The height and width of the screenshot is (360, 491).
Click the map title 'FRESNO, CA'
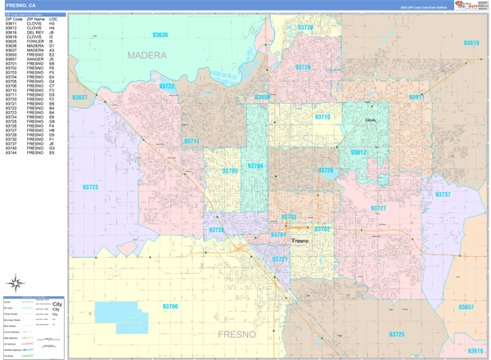(21, 5)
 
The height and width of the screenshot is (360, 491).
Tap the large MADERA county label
(146, 56)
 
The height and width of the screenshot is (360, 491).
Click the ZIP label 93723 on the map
(90, 187)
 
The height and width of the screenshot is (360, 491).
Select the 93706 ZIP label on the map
(170, 306)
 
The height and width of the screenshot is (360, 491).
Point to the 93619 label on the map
(471, 43)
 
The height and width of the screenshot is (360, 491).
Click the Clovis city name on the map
(370, 120)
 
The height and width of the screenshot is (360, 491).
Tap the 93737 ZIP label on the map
(443, 195)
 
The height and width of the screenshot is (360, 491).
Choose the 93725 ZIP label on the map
(396, 335)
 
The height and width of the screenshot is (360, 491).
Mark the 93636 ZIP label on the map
(160, 35)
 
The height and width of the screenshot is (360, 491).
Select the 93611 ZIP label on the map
(417, 97)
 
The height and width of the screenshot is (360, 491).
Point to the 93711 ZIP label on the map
(191, 142)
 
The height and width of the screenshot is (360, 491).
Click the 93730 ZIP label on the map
(305, 28)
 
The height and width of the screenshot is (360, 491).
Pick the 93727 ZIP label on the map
(378, 209)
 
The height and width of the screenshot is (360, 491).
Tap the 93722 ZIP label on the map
(167, 86)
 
